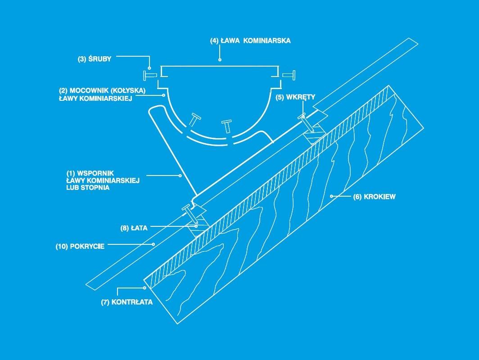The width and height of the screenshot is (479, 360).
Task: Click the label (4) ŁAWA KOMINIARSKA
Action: [250, 40]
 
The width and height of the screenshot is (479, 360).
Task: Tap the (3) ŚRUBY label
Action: [95, 59]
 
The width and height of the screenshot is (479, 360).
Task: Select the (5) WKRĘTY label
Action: [295, 97]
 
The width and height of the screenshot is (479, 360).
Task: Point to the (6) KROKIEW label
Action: [374, 197]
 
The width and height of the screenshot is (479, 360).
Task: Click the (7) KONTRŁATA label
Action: [127, 302]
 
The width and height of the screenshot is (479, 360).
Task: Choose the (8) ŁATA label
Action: [134, 228]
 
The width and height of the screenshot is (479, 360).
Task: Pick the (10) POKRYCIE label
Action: [80, 247]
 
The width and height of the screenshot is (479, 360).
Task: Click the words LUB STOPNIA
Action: [88, 188]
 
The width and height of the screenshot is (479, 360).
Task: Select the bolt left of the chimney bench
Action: [149, 75]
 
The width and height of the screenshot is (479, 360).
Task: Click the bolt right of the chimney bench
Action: [289, 75]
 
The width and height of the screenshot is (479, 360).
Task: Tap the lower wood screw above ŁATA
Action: [190, 215]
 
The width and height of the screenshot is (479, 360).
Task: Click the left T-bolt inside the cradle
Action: [194, 119]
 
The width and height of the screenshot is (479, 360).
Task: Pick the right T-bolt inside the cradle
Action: [227, 126]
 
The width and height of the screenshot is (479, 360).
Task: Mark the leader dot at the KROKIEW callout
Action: [331, 196]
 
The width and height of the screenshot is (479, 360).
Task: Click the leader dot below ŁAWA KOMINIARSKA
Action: [220, 60]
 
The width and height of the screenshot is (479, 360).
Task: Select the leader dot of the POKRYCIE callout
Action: [154, 244]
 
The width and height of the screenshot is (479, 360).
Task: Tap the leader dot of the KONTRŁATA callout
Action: [145, 288]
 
